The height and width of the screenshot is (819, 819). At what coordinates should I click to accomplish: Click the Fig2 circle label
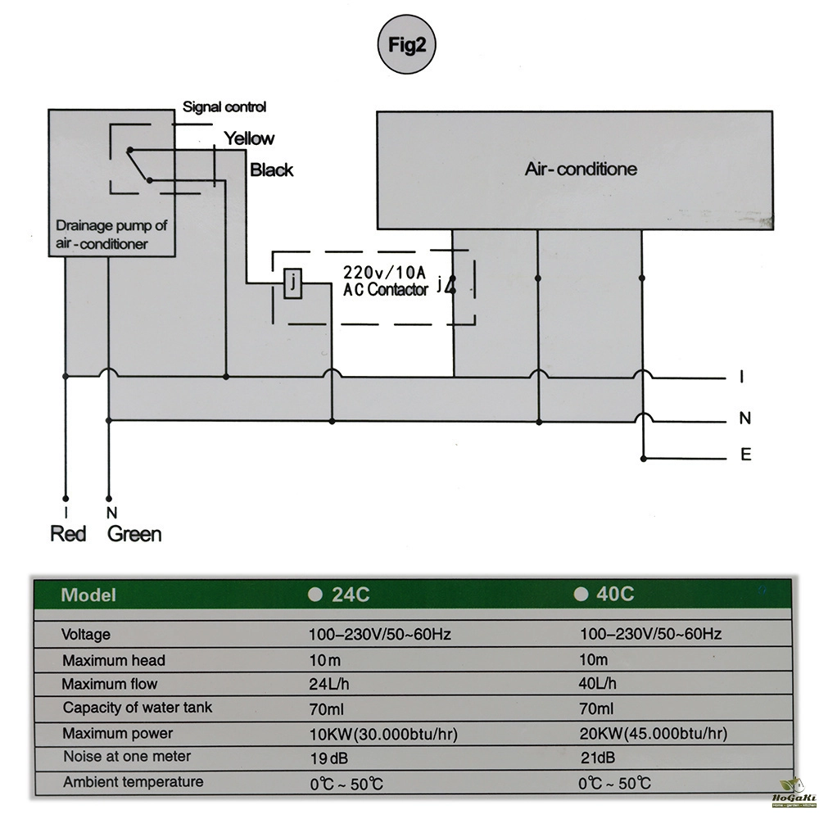[406, 46]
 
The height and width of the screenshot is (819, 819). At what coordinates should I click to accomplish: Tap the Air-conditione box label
[581, 170]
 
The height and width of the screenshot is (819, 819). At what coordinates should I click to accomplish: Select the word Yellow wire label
[249, 138]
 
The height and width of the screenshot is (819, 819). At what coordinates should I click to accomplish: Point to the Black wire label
[271, 170]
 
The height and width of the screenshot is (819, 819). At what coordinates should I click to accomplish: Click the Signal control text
[224, 106]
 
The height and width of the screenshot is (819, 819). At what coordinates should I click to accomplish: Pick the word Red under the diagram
[68, 534]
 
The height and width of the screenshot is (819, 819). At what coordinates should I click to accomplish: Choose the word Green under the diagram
[134, 534]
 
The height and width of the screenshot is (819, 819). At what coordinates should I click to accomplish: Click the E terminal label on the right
[745, 455]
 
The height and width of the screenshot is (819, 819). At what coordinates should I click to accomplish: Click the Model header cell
[88, 595]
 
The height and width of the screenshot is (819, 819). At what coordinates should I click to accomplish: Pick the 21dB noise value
[597, 758]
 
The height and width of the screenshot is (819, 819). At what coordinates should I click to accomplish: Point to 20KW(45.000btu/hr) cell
[653, 733]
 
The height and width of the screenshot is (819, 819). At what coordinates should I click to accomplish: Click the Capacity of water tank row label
[137, 708]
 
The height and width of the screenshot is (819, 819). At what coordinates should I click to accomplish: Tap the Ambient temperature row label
[133, 782]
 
